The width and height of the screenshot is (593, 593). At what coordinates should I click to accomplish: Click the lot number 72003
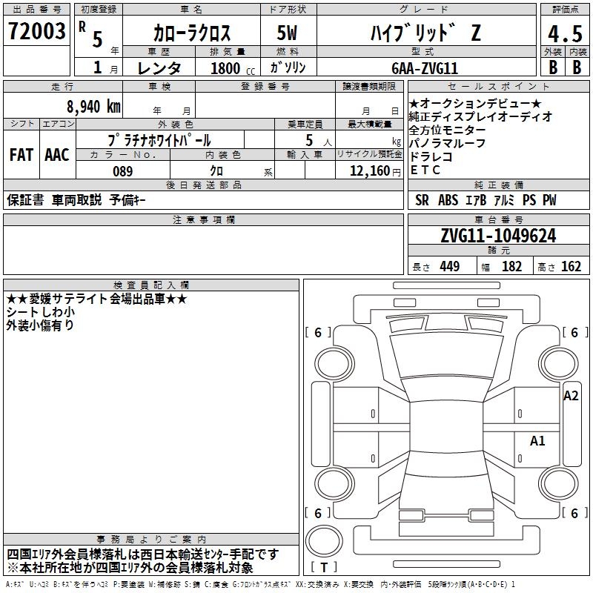click(36, 30)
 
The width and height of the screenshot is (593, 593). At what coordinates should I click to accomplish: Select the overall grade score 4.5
click(565, 33)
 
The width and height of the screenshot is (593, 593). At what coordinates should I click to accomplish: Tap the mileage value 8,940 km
click(94, 107)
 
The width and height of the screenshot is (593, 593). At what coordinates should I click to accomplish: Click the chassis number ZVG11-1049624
click(498, 236)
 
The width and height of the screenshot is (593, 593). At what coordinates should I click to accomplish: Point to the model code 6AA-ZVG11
click(425, 68)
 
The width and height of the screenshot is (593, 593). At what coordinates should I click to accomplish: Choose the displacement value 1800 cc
click(233, 68)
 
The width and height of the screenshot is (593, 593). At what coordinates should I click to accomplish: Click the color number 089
click(123, 171)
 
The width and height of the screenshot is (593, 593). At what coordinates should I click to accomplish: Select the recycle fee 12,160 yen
click(375, 171)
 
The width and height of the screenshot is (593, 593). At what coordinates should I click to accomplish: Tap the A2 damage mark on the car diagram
click(571, 396)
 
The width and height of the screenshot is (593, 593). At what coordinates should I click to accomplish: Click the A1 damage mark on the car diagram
click(537, 440)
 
